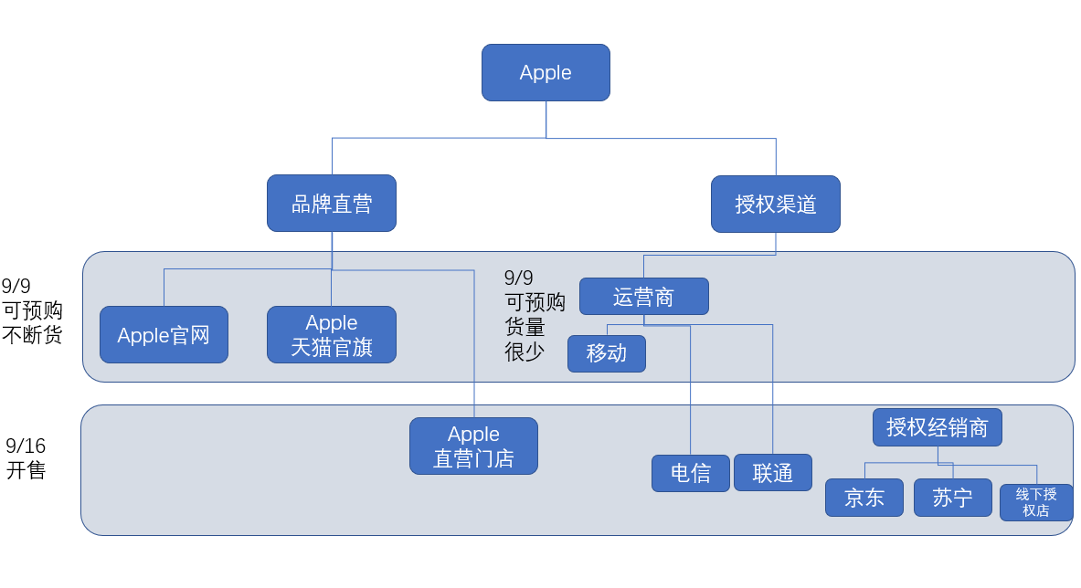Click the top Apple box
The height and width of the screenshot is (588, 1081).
tap(546, 72)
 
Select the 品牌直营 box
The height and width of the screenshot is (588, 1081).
tap(332, 204)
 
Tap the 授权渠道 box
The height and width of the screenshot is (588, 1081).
tap(775, 204)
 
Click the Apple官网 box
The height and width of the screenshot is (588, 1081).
tap(164, 335)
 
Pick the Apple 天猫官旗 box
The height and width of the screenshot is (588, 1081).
tap(332, 335)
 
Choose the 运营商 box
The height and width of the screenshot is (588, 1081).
tap(643, 297)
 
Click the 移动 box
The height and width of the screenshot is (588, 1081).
tap(606, 353)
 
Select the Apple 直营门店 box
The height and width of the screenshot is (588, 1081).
tap(473, 446)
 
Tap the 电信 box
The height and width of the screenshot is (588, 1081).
tap(690, 473)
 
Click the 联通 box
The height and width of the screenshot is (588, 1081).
tap(772, 473)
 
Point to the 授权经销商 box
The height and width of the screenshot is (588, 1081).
tap(937, 427)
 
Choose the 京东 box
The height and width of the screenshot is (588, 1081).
tap(864, 498)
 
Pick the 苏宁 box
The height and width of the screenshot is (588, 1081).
tap(952, 498)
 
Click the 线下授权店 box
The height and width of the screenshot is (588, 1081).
tap(1036, 502)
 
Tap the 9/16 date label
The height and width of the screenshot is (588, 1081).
tap(26, 446)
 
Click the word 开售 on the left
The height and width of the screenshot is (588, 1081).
tap(26, 471)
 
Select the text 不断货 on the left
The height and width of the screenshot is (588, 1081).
tap(32, 335)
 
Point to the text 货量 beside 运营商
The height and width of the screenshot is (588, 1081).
tap(525, 327)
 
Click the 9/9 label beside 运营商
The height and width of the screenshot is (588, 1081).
tap(519, 278)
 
